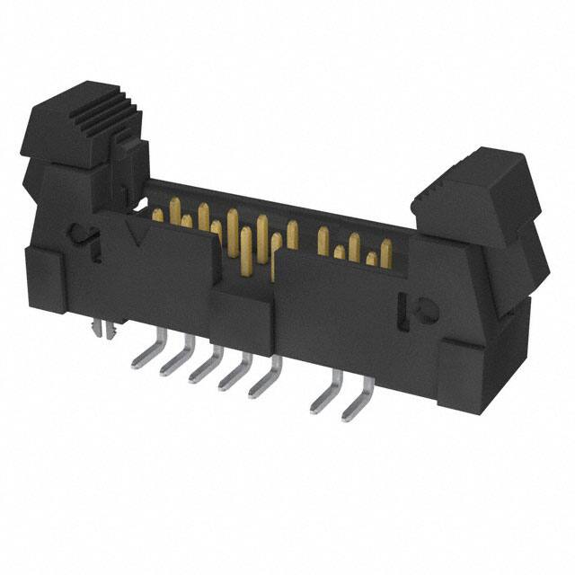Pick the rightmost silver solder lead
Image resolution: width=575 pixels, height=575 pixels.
click(x=355, y=396)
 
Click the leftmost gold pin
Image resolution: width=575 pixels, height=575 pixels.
click(x=158, y=215)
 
